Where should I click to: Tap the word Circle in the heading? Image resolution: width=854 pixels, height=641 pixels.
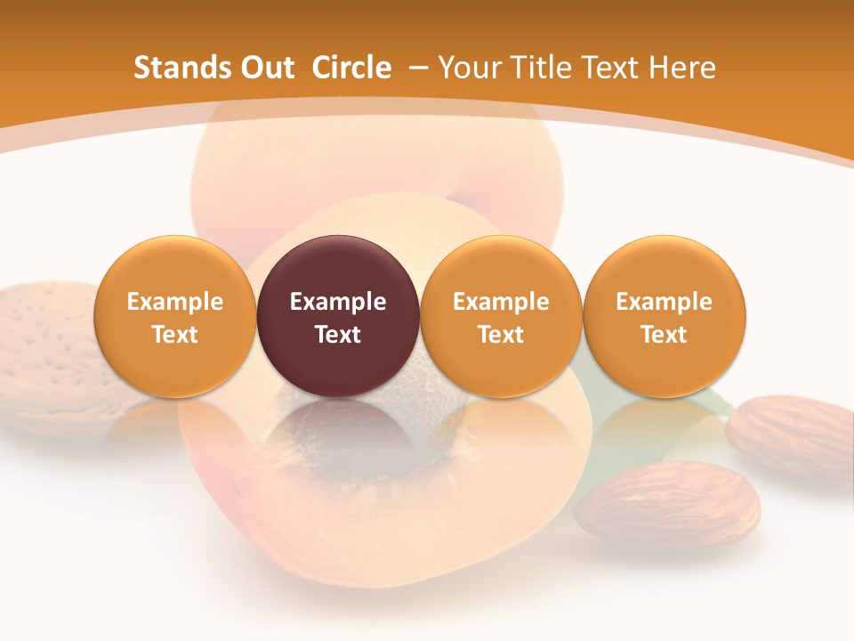351,68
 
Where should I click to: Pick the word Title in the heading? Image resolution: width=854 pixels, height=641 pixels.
536,68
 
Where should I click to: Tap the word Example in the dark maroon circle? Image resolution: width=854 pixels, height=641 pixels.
338,302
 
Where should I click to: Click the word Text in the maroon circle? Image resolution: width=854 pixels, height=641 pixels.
338,335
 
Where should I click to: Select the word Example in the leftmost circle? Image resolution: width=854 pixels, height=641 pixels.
174,302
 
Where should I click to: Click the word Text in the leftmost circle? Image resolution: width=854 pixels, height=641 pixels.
174,335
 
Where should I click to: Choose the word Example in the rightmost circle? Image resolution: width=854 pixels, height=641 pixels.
664,302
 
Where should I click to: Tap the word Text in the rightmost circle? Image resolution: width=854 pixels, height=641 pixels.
664,335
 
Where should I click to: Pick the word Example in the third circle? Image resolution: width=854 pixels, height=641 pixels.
501,302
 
